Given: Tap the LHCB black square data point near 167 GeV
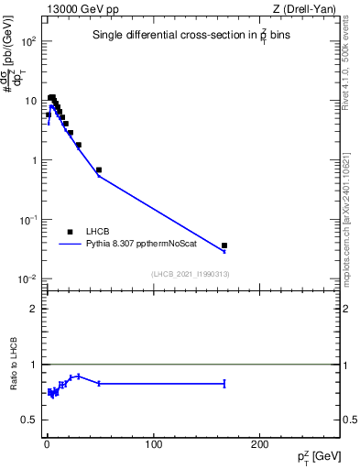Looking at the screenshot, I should (224, 245).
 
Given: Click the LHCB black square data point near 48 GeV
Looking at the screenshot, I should (99, 169).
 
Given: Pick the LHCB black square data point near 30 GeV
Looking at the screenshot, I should (79, 145).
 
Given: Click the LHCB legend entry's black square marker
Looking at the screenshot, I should (70, 233).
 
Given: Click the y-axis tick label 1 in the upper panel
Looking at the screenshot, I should (34, 161).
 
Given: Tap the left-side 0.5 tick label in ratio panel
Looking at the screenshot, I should (29, 420).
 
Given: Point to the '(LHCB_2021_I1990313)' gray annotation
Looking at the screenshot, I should (190, 274).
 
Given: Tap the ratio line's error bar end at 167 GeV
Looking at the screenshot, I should (224, 384).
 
